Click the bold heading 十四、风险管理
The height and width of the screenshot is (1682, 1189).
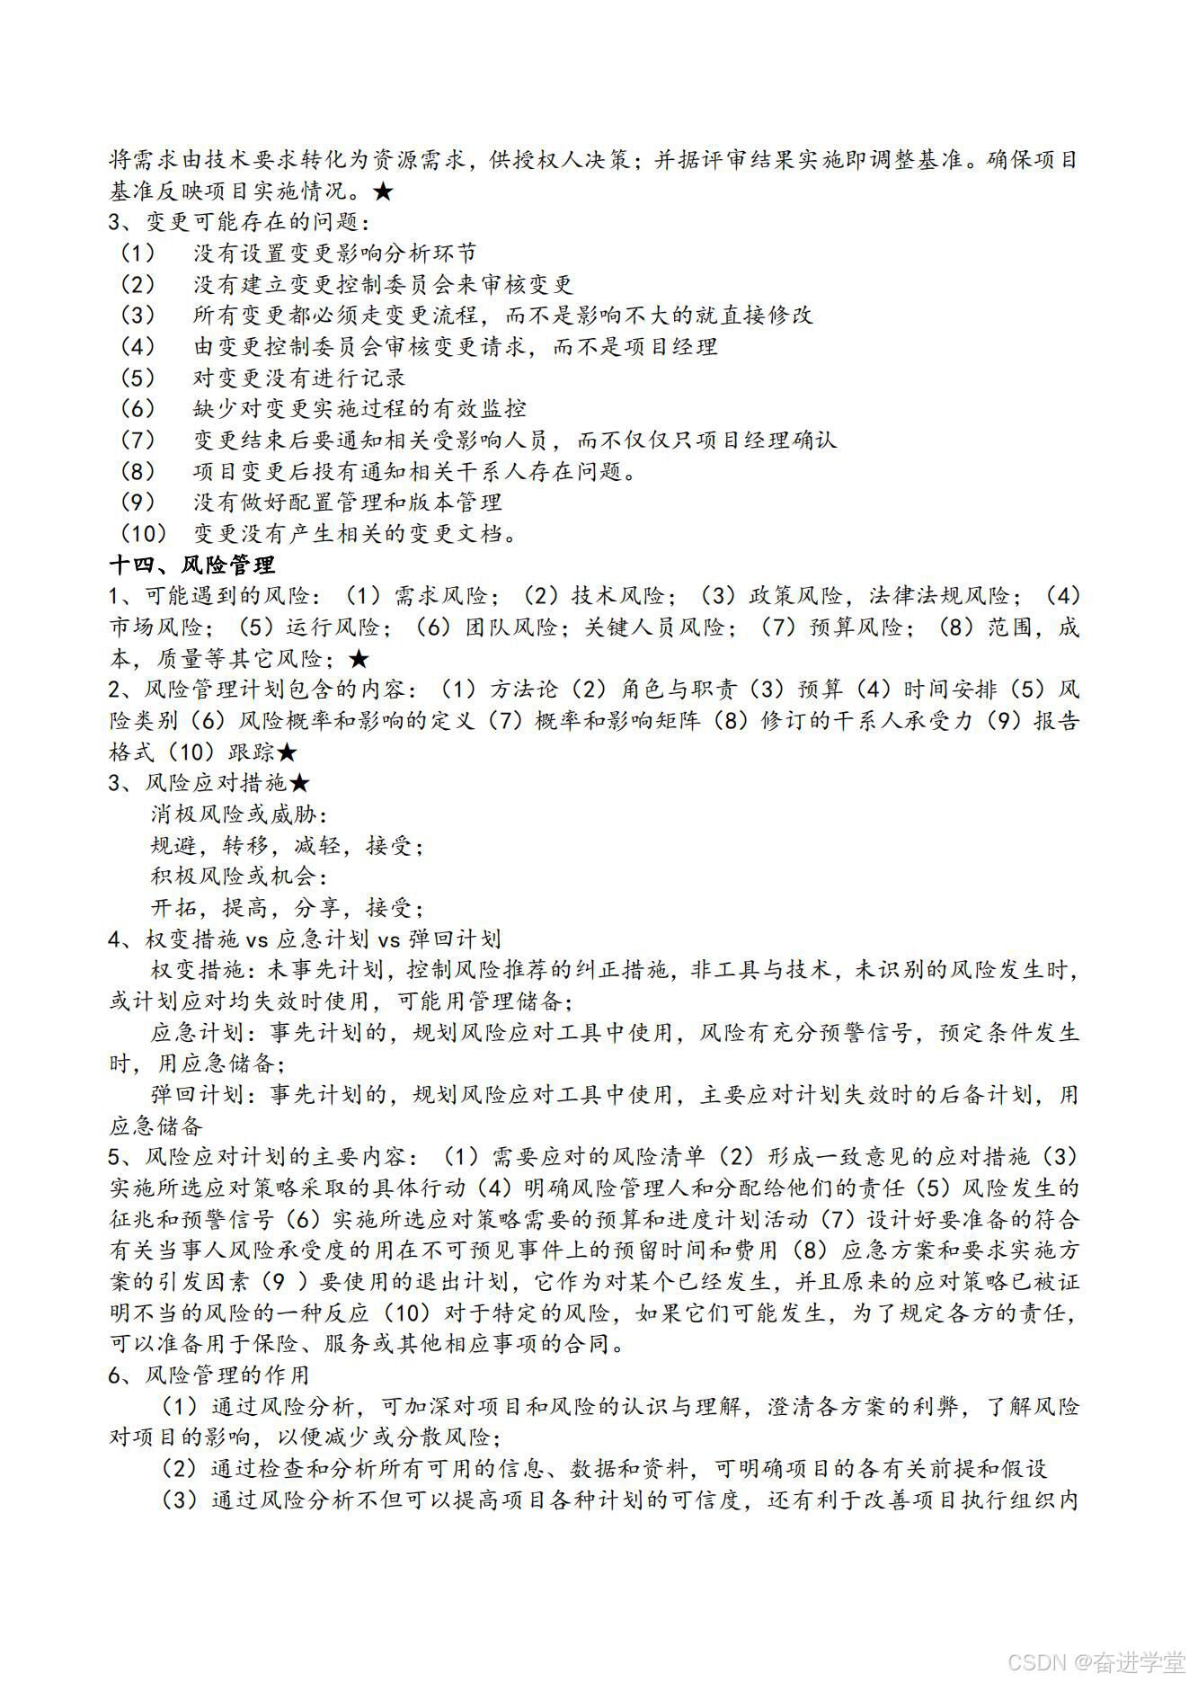[x=191, y=565]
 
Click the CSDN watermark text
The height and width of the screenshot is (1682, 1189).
[x=1096, y=1662]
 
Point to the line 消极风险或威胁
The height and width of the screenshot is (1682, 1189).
[x=239, y=814]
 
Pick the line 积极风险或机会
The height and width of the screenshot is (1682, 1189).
[x=239, y=877]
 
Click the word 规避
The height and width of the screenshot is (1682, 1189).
[x=173, y=846]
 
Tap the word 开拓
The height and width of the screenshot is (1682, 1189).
[x=173, y=908]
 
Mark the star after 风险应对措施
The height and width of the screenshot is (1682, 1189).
[x=299, y=783]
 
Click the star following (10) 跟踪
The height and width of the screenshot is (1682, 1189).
[x=287, y=752]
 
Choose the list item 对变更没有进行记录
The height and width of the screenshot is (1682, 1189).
[x=298, y=378]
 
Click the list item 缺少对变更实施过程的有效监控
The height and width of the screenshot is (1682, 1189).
[x=359, y=409]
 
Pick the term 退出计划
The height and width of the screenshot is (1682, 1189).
[x=475, y=1282]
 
